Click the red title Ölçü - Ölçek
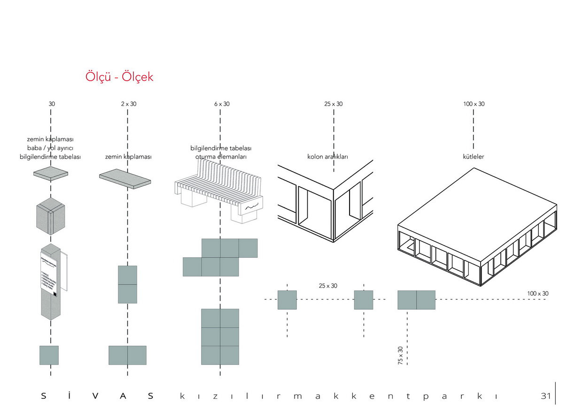[x=119, y=76]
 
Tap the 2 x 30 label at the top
[x=128, y=104]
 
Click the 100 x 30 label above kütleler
[x=474, y=104]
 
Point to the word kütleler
[x=474, y=156]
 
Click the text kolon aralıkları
[x=327, y=156]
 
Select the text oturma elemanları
[x=221, y=156]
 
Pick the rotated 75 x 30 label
[x=401, y=356]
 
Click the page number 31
[x=545, y=396]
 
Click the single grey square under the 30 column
[x=49, y=355]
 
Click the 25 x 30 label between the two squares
[x=328, y=285]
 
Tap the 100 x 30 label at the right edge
[x=537, y=294]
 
